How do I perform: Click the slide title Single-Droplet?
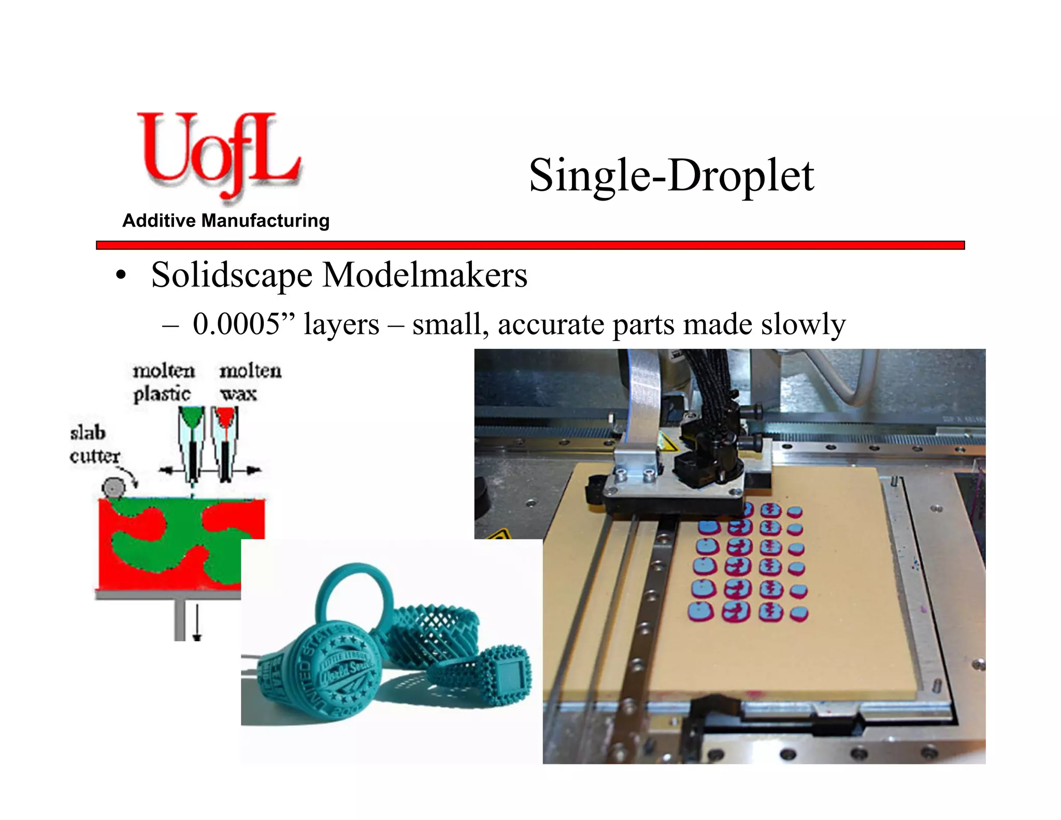(x=671, y=176)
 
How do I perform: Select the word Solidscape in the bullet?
(x=232, y=275)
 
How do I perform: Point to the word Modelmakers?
(x=424, y=275)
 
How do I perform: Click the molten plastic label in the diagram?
(x=163, y=383)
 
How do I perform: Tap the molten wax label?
(x=250, y=383)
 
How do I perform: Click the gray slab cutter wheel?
(x=113, y=488)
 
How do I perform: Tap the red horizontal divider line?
(x=530, y=245)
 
